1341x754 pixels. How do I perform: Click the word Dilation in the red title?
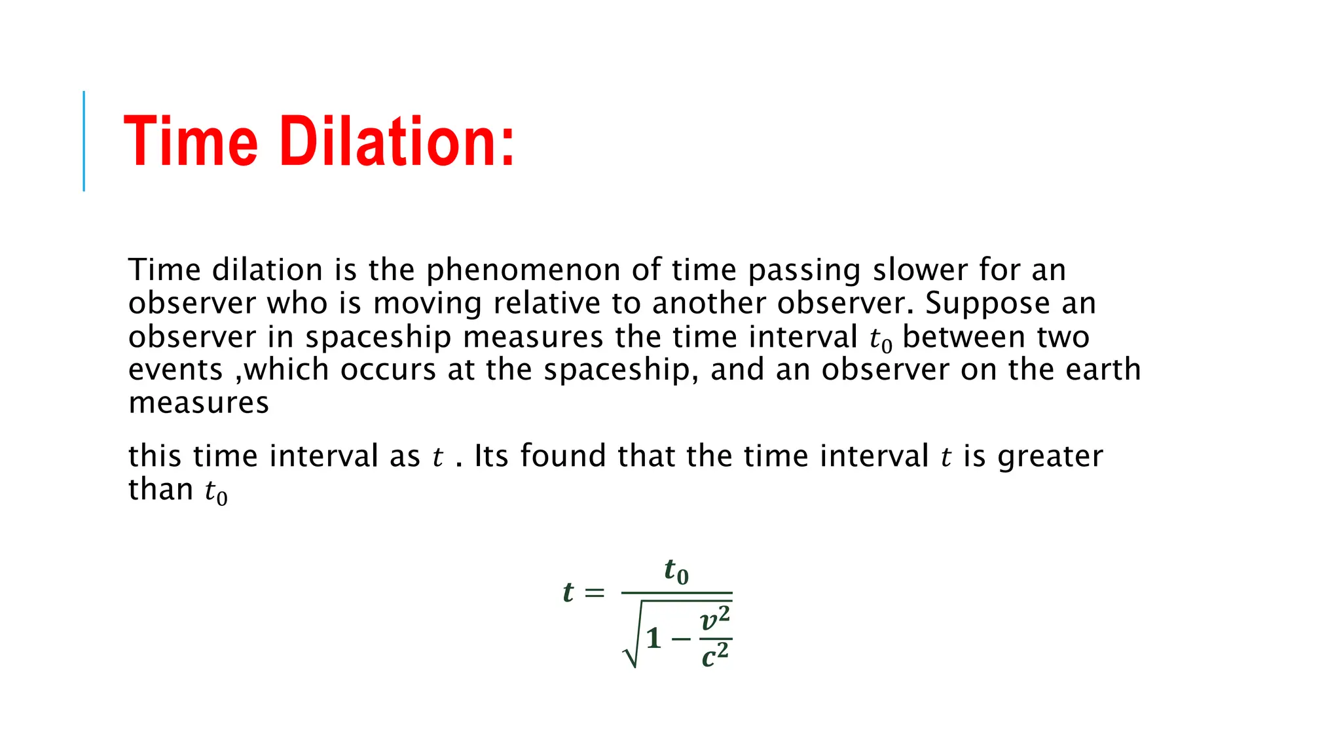pyautogui.click(x=397, y=141)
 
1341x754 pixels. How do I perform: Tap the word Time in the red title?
pyautogui.click(x=191, y=141)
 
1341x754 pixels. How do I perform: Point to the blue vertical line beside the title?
pyautogui.click(x=84, y=141)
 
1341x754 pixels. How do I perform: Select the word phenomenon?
pyautogui.click(x=523, y=270)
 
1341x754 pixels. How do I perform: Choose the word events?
pyautogui.click(x=175, y=370)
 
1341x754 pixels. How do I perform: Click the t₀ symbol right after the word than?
pyautogui.click(x=216, y=492)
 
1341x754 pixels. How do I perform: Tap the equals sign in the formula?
pyautogui.click(x=594, y=593)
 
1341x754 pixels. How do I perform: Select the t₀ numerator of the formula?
pyautogui.click(x=676, y=571)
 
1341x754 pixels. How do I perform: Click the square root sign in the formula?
pyautogui.click(x=631, y=645)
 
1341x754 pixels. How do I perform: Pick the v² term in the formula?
pyautogui.click(x=715, y=619)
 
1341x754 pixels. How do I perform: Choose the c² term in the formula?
pyautogui.click(x=715, y=655)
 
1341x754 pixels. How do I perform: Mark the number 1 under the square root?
pyautogui.click(x=653, y=638)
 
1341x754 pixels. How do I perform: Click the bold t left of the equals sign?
pyautogui.click(x=568, y=592)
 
